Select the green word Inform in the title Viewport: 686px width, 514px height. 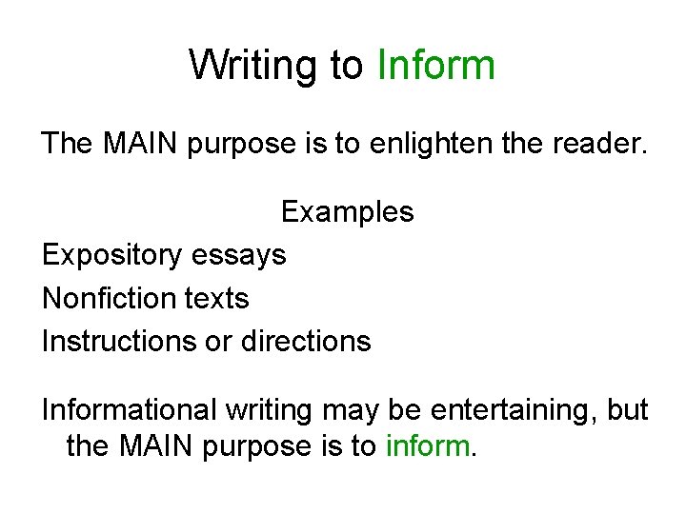436,66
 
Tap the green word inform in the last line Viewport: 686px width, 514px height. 428,446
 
